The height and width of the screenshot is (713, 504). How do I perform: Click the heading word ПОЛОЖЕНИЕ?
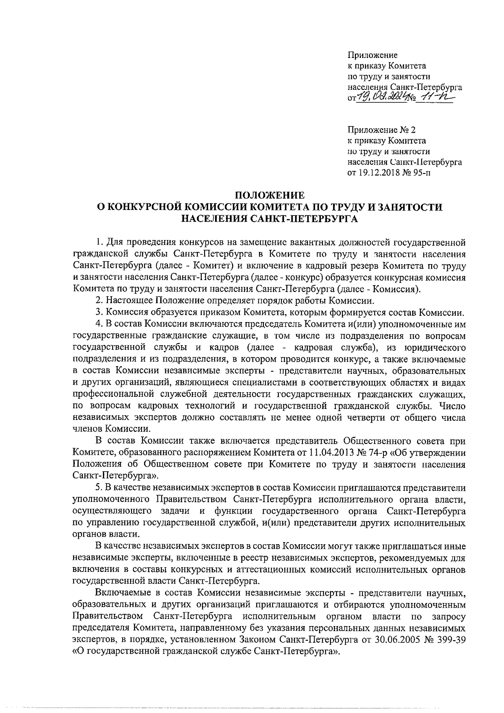(269, 195)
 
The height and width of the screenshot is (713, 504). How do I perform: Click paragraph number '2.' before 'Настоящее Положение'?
(100, 301)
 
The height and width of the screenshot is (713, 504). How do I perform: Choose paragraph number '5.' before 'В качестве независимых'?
(100, 488)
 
